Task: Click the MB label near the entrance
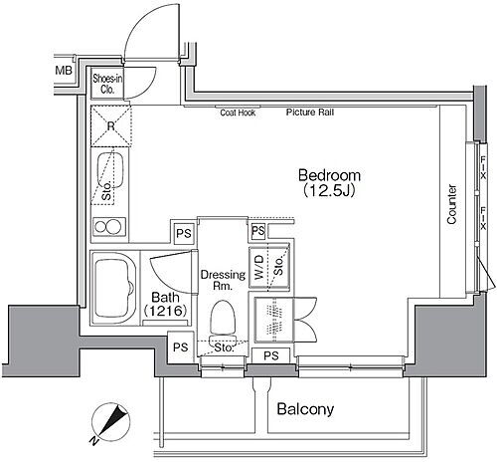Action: tap(64, 71)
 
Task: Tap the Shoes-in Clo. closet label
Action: tap(107, 84)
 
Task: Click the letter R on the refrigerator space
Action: tap(111, 125)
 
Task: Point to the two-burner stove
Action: tap(108, 227)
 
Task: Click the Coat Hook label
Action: tap(238, 113)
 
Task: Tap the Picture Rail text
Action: tap(310, 113)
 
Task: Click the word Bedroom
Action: tap(329, 175)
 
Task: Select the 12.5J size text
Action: tap(329, 191)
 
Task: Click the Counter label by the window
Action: tap(451, 204)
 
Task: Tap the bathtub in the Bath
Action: tap(113, 289)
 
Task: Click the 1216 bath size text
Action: tap(165, 311)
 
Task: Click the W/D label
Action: tap(259, 267)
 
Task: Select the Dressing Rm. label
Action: tap(223, 280)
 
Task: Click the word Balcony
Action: tap(305, 409)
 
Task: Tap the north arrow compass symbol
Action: tap(111, 422)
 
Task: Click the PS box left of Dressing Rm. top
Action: tap(184, 233)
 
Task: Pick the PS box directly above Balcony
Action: tap(271, 355)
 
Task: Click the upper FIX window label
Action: tap(483, 167)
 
